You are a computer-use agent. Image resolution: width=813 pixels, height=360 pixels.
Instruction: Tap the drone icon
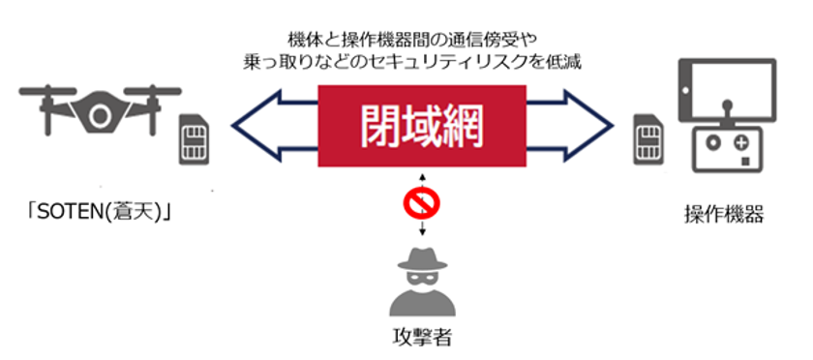(99, 111)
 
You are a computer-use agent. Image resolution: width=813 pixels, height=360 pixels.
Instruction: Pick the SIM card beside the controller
(647, 135)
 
